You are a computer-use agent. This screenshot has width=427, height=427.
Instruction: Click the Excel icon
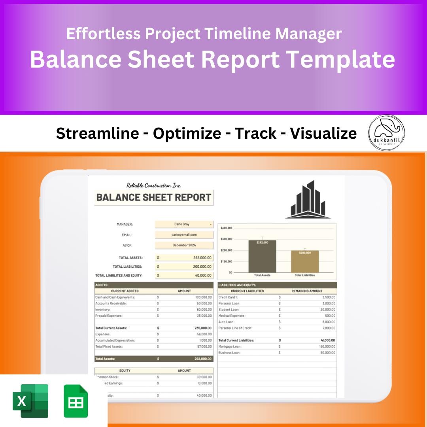30,401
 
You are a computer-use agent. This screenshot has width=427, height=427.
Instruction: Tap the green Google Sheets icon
76,401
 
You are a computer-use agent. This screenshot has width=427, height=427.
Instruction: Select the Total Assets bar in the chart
262,256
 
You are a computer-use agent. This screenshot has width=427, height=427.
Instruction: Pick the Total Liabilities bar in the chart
305,261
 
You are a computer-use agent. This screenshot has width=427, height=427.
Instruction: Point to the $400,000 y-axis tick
226,228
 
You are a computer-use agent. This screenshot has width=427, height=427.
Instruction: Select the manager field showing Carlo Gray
184,224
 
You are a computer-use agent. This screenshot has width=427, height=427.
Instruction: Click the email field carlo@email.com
184,234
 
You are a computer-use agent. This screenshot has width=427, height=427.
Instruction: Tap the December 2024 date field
184,245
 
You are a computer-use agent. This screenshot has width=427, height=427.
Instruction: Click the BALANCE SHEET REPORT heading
154,197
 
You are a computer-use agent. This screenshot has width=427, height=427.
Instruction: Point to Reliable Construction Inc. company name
154,185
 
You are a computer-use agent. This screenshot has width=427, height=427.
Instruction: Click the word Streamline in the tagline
97,134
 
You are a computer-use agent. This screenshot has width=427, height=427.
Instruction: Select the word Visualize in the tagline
323,134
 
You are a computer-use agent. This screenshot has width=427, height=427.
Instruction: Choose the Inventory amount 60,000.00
204,310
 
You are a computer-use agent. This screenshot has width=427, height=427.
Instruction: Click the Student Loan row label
229,310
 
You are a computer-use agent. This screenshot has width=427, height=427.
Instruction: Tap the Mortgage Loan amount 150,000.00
327,346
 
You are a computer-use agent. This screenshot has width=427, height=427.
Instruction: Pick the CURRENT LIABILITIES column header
247,291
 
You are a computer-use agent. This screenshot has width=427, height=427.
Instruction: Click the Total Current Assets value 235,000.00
203,328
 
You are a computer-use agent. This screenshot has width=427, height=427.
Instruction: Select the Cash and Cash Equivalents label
115,297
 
